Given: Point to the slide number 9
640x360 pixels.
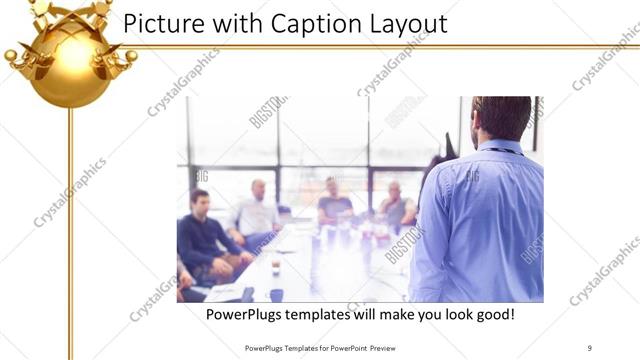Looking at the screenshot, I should pyautogui.click(x=589, y=347).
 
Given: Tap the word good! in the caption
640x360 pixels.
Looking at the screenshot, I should pyautogui.click(x=492, y=315).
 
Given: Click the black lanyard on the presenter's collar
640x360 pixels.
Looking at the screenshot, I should pyautogui.click(x=506, y=150).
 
